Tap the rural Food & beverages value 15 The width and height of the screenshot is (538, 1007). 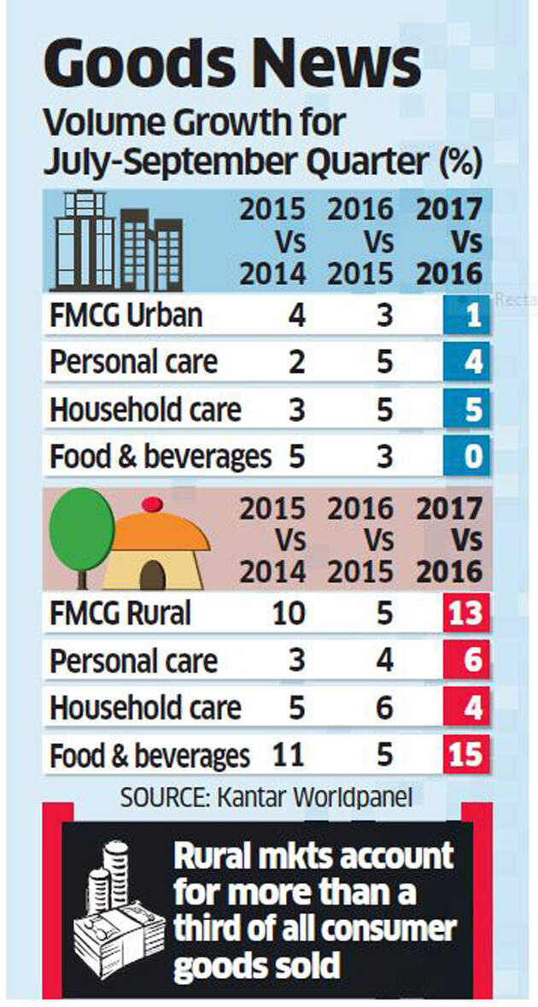click(x=465, y=754)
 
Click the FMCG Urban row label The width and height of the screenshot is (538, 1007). click(x=126, y=316)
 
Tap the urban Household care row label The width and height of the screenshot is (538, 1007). click(x=145, y=410)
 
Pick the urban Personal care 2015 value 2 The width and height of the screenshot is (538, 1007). click(x=295, y=363)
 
